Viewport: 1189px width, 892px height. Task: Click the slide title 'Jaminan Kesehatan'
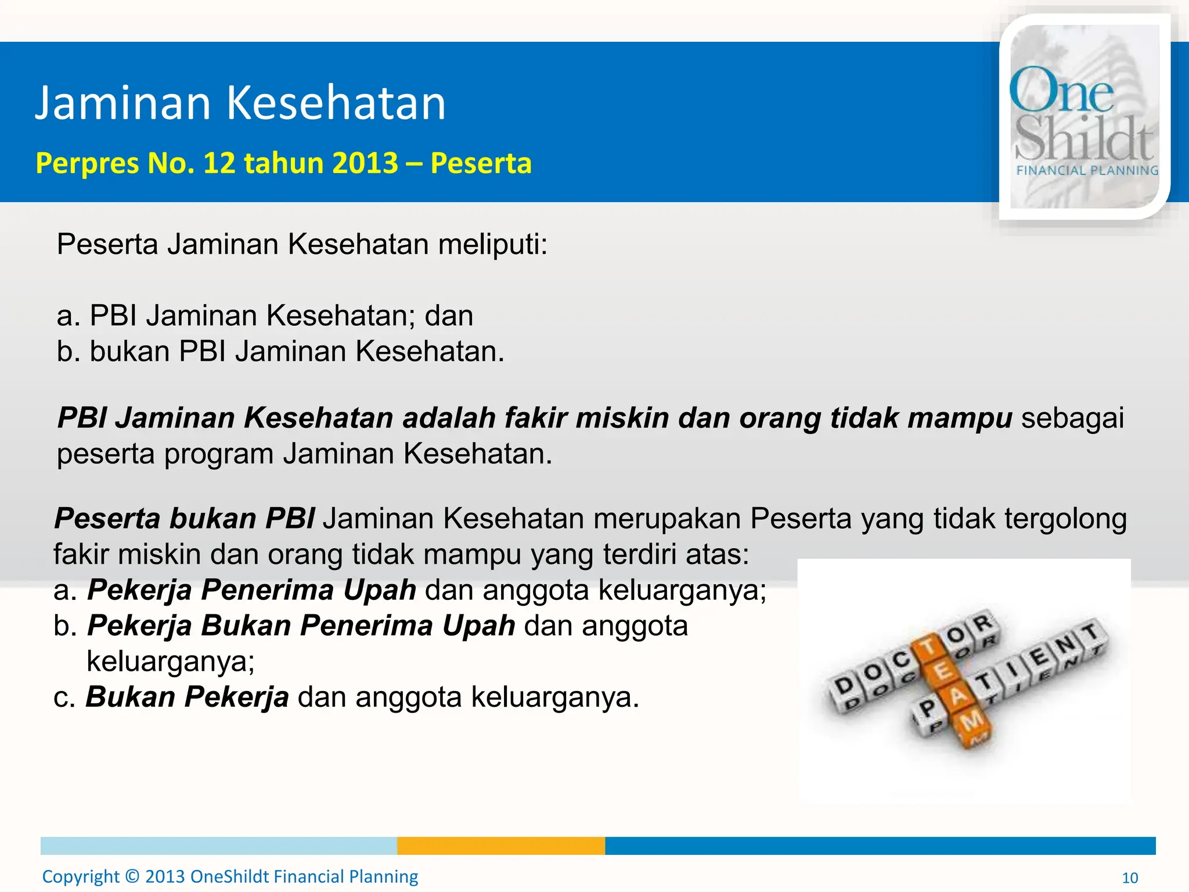(240, 103)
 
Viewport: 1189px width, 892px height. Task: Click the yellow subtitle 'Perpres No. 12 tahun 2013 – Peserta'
(283, 163)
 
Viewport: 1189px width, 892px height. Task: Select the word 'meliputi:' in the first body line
(492, 244)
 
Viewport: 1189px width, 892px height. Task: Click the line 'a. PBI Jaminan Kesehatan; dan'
(265, 316)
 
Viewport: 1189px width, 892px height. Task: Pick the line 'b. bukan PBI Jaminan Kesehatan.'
(280, 351)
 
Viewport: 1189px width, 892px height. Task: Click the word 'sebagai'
(1072, 418)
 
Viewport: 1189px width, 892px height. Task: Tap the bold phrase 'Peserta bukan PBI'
(185, 518)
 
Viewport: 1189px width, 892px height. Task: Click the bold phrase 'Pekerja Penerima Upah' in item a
(251, 590)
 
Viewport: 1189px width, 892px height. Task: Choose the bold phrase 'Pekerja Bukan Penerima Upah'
(301, 626)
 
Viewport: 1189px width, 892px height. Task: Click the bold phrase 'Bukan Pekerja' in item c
(187, 697)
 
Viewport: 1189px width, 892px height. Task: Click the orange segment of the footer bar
(500, 846)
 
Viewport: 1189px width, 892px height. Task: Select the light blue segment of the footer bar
(218, 846)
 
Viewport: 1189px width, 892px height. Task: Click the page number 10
(1130, 877)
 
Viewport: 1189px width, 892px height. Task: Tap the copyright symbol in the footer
(132, 876)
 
